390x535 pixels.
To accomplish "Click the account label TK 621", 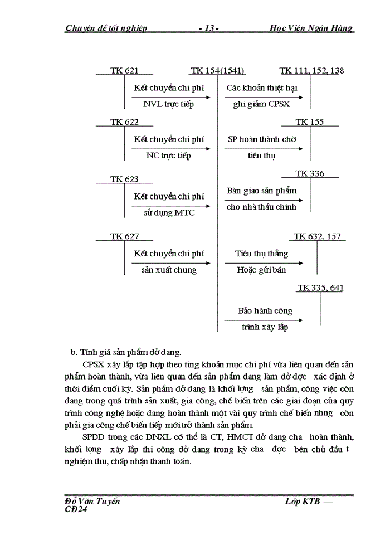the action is click(x=124, y=71).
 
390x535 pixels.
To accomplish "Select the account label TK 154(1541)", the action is click(x=217, y=71).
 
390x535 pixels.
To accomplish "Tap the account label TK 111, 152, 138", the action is click(x=311, y=71).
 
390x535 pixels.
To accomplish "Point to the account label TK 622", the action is click(x=124, y=122).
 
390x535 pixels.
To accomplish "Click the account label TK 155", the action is click(x=309, y=122).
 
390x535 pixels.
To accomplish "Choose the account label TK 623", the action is click(x=124, y=179).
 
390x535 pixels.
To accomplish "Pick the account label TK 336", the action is click(x=309, y=174).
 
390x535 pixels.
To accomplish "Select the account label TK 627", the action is click(x=124, y=236).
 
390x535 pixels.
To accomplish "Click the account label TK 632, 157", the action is click(x=317, y=236).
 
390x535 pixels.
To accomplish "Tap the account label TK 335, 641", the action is click(x=320, y=288).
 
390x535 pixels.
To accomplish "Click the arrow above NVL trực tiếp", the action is click(x=171, y=97).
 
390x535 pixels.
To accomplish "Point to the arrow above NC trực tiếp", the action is click(x=171, y=148).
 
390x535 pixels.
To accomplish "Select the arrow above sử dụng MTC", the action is click(x=171, y=206).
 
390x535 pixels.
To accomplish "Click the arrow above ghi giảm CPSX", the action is click(x=264, y=97).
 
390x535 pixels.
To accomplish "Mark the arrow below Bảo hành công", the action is click(x=264, y=320).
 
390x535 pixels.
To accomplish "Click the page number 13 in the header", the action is click(x=209, y=28).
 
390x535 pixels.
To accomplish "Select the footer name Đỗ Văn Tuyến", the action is click(x=92, y=501).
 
